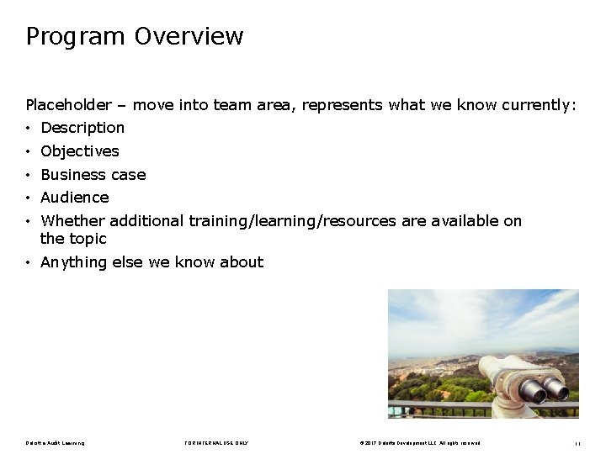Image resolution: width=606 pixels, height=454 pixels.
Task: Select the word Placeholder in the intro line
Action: tap(68, 105)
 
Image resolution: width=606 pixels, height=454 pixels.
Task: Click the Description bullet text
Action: tap(82, 128)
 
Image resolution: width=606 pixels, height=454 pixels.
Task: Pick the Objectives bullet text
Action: tap(80, 151)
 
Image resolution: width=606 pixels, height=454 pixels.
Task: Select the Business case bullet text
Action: tap(93, 175)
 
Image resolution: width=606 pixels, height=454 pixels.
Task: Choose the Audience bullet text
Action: tap(75, 198)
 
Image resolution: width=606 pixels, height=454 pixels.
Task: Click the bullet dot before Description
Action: tap(28, 128)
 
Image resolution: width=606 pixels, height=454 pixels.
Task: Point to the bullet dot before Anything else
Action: tap(28, 262)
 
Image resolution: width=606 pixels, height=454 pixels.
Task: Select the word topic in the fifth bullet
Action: tap(88, 239)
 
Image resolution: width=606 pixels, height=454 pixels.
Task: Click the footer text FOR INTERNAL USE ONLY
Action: tap(216, 443)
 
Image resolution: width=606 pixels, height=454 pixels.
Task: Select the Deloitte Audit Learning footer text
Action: tap(55, 443)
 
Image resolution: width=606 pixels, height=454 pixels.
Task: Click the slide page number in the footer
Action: tap(577, 443)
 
